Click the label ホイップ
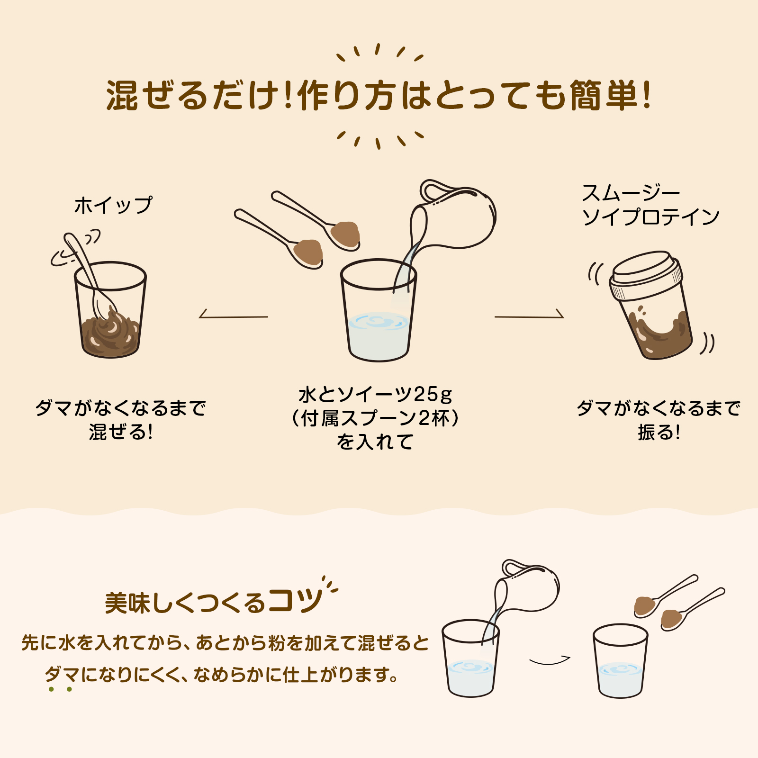tap(113, 205)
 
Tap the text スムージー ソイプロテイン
tap(650, 205)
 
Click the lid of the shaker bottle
tap(646, 275)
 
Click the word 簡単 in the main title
tap(604, 95)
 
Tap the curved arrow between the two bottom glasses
tap(550, 660)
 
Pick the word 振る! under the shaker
tap(659, 432)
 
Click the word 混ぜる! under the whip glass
tap(121, 432)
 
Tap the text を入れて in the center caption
tap(375, 442)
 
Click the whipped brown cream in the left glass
tap(111, 333)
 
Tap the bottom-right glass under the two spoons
tap(620, 661)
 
